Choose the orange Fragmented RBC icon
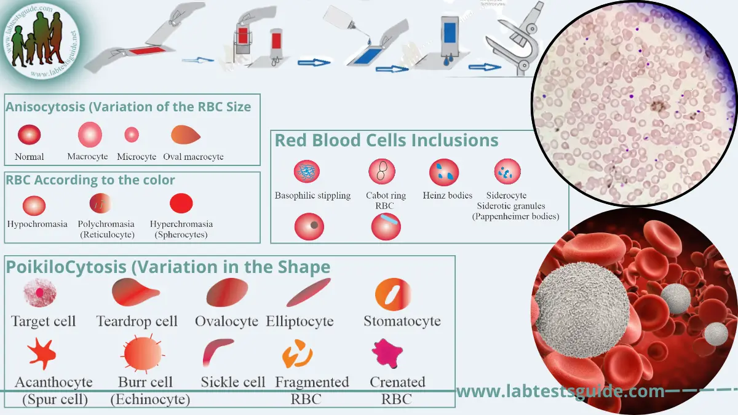[298, 354]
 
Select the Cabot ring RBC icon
[381, 172]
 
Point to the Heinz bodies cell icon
[444, 172]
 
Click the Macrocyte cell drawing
[90, 135]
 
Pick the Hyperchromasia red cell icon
[181, 203]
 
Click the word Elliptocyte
[300, 321]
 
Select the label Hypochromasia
[38, 224]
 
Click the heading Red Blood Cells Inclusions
[386, 140]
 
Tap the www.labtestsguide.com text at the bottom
[560, 391]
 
